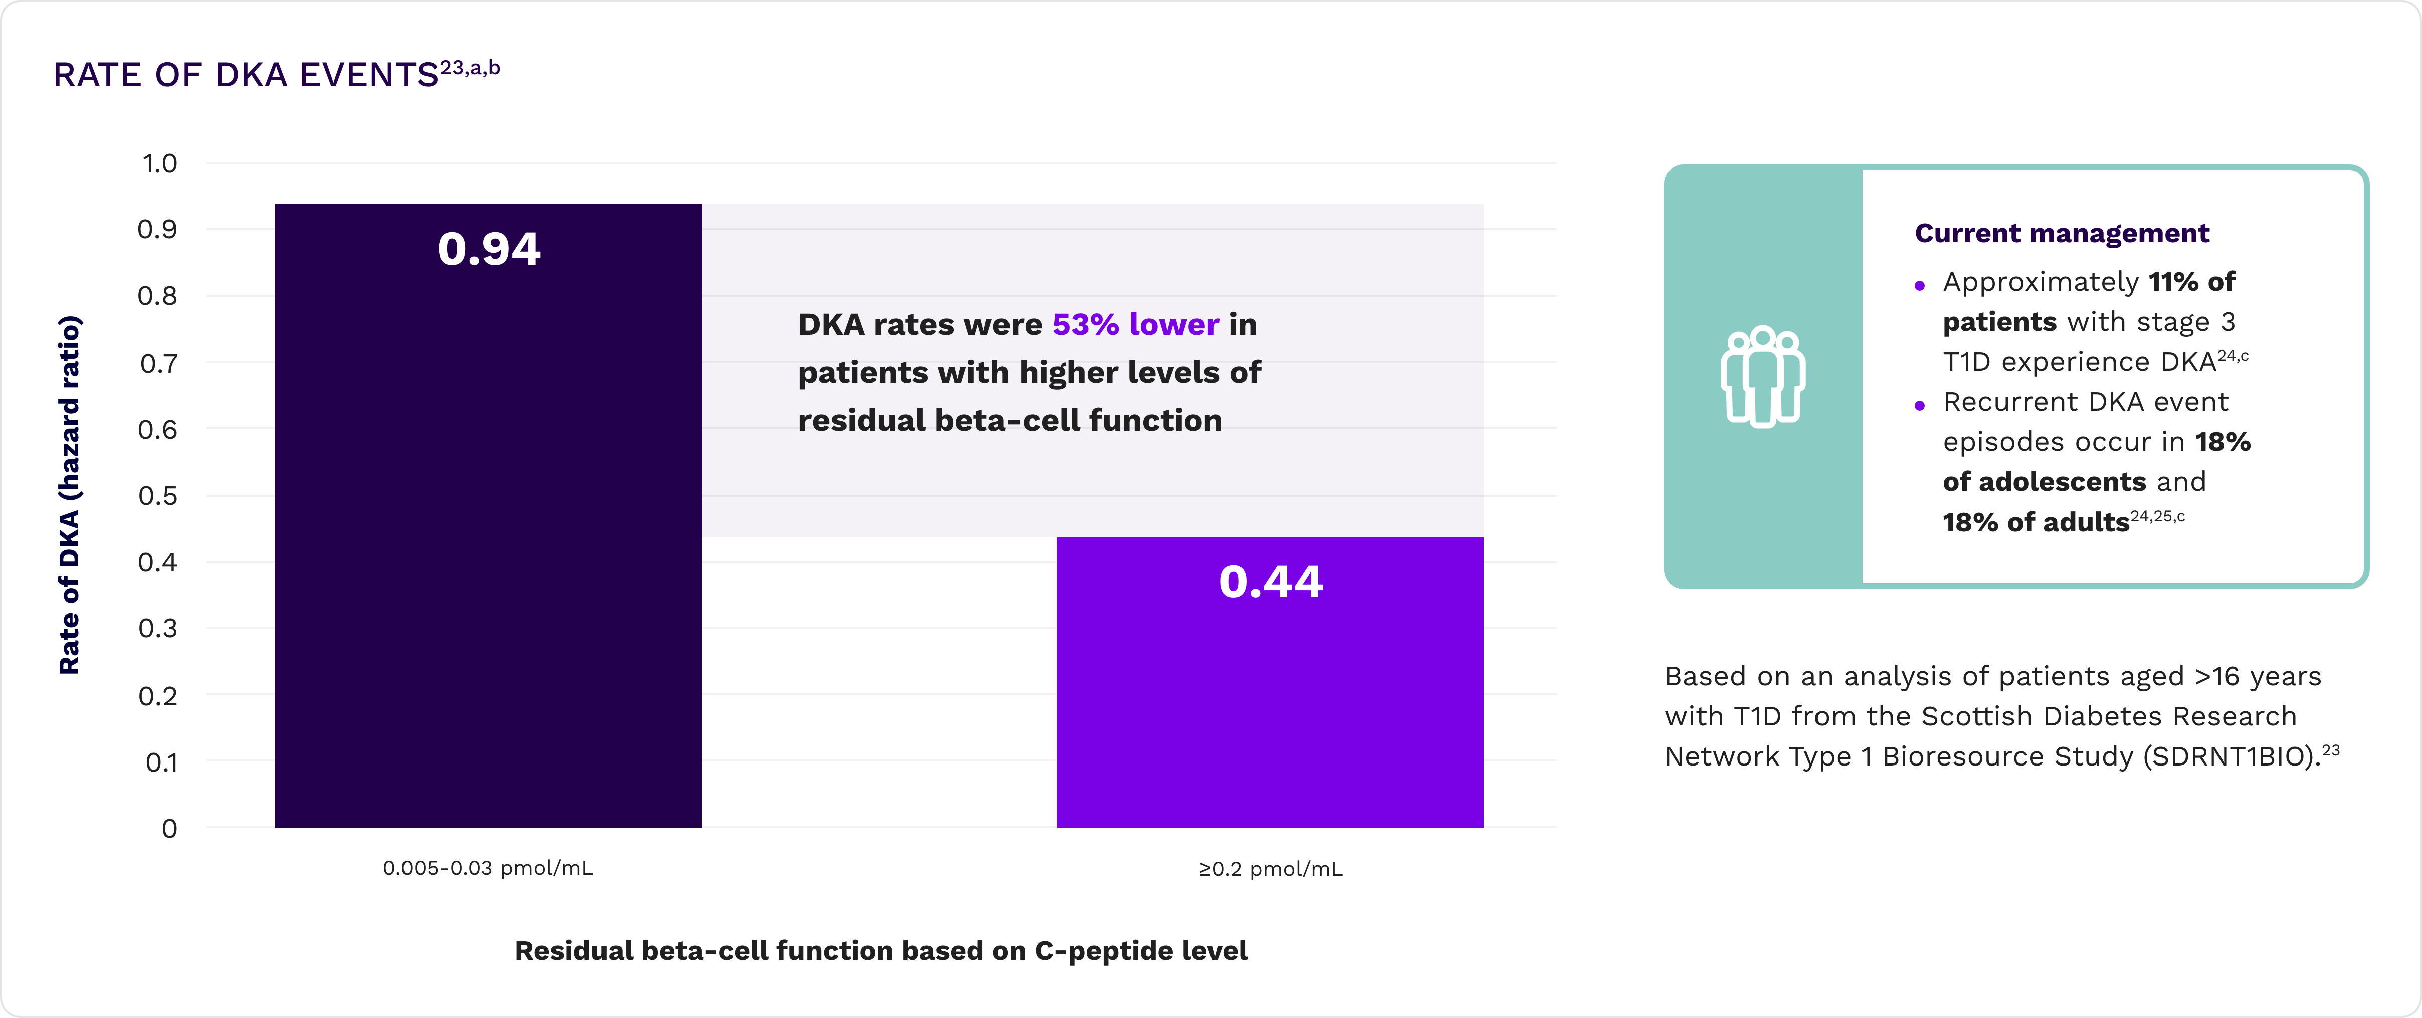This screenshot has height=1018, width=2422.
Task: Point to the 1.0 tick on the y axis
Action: click(x=160, y=163)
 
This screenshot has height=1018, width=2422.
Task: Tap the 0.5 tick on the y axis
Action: click(x=158, y=495)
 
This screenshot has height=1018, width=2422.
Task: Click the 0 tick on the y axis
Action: click(x=169, y=828)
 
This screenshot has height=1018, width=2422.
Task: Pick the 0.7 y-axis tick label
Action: click(x=158, y=363)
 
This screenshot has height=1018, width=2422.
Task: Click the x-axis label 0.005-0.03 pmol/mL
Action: click(x=488, y=868)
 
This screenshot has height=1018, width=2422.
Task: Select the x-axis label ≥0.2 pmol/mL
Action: click(x=1270, y=869)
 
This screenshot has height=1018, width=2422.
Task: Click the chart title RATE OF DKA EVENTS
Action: click(x=246, y=74)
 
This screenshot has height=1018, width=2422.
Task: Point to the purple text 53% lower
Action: click(x=1135, y=324)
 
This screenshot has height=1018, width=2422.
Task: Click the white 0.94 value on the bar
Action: click(x=489, y=249)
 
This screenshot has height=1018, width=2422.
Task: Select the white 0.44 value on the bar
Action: click(x=1270, y=581)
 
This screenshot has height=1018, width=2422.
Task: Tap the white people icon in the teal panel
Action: click(x=1763, y=377)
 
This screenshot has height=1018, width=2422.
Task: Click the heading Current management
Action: click(x=2062, y=233)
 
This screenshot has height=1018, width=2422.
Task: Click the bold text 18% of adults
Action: click(x=2036, y=522)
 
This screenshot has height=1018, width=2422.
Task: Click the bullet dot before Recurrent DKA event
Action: click(x=1920, y=405)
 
